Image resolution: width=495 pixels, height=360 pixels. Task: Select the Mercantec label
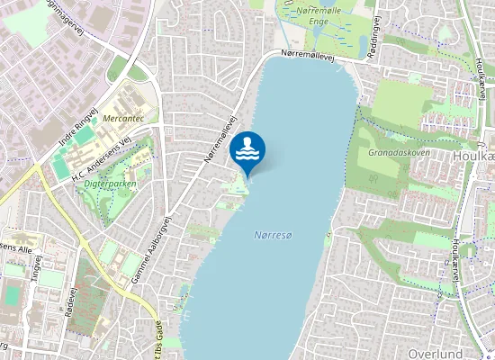click(x=122, y=118)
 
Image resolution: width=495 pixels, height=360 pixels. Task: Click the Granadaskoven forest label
click(x=399, y=152)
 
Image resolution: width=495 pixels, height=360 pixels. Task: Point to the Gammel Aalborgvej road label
click(x=150, y=254)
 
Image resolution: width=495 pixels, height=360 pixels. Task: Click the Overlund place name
click(x=435, y=354)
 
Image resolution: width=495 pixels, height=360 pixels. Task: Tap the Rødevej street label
click(x=72, y=301)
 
